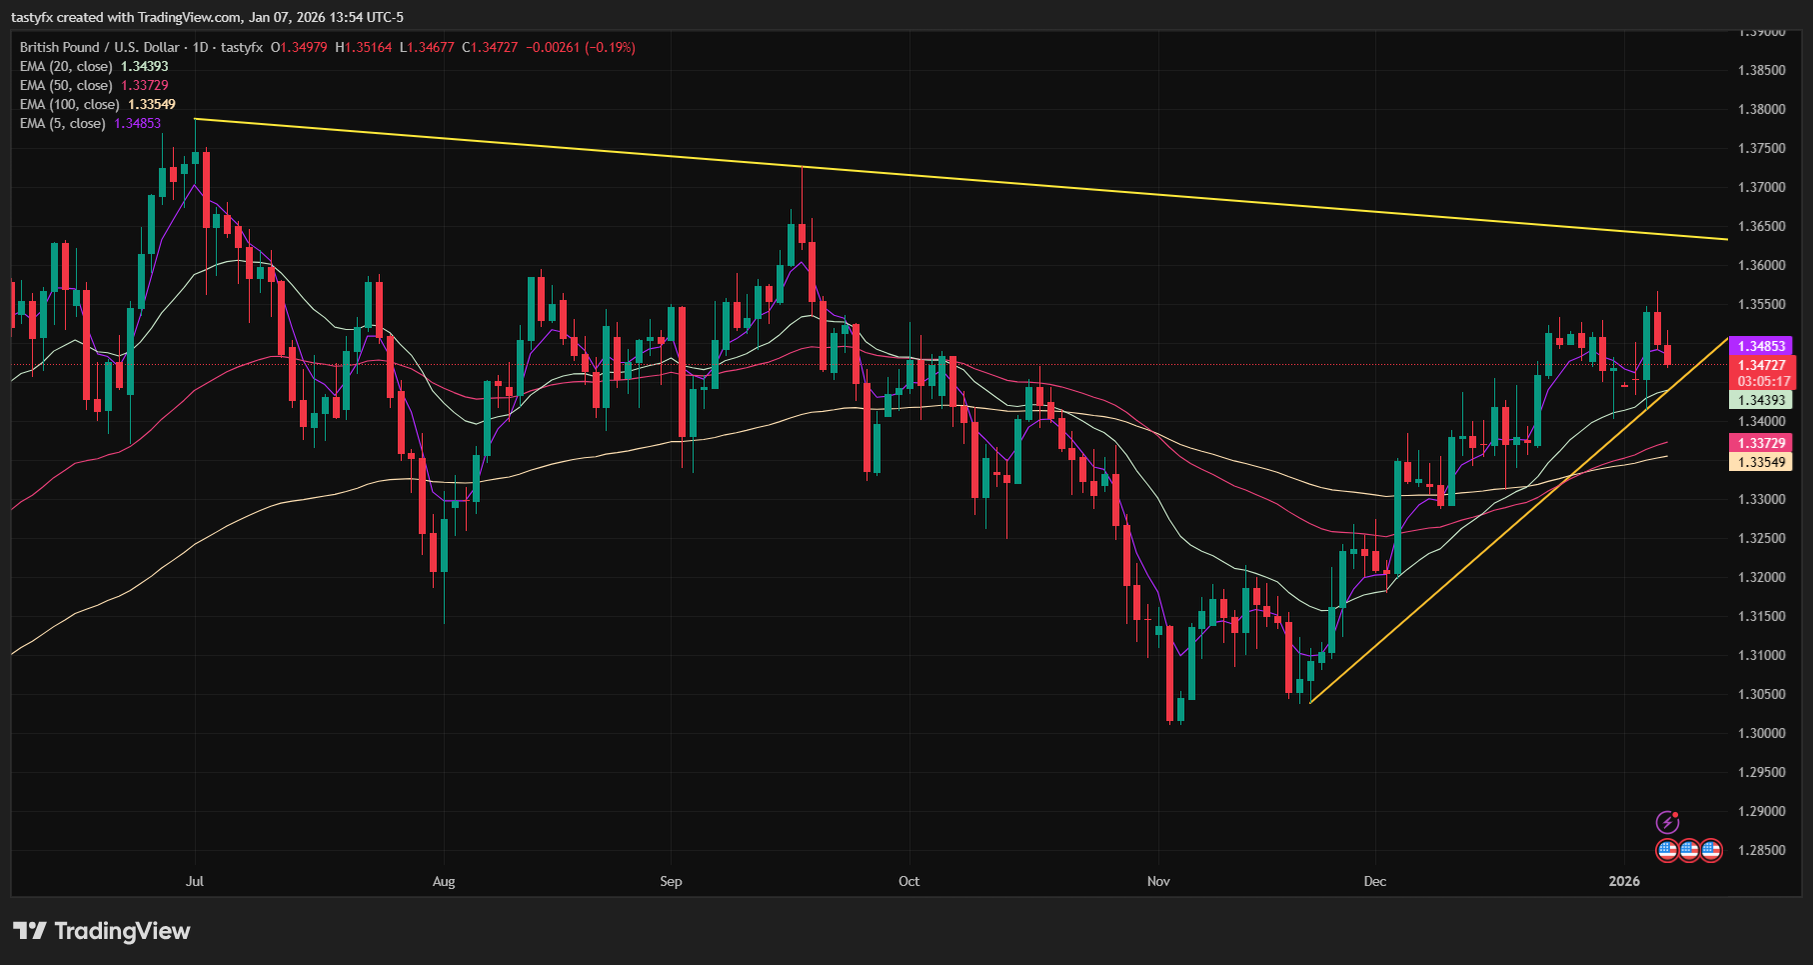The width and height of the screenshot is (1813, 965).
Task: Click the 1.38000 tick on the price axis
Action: pos(1761,109)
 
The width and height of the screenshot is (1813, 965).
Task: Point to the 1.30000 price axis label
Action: pos(1761,733)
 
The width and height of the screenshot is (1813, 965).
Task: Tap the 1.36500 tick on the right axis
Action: pos(1761,226)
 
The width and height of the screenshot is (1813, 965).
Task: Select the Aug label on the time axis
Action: pos(444,881)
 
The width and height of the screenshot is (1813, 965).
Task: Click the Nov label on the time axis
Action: pos(1158,881)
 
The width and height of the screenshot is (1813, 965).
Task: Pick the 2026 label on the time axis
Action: pos(1624,881)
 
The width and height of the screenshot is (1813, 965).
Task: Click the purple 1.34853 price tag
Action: pos(1761,346)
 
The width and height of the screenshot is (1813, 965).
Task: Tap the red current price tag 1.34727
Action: pos(1761,365)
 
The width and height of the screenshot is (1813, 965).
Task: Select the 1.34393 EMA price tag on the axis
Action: pos(1761,400)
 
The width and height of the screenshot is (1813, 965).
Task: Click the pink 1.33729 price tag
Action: pos(1761,443)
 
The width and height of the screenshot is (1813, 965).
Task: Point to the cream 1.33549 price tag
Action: pos(1761,462)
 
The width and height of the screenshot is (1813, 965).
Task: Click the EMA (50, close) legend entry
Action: pos(66,85)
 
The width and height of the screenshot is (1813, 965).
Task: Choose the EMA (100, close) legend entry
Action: pos(70,104)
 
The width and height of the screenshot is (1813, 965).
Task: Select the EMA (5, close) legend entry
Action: pos(62,123)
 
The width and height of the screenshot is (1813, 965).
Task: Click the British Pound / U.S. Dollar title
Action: pos(100,47)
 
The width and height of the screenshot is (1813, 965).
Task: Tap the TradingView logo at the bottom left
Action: pos(102,931)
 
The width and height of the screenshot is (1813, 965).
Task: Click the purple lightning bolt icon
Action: pos(1667,822)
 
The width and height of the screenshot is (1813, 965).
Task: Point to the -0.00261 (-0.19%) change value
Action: pos(581,47)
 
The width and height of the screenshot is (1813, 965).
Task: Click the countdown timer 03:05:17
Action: pos(1761,381)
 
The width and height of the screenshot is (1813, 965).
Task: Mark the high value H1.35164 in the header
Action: pos(364,47)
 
